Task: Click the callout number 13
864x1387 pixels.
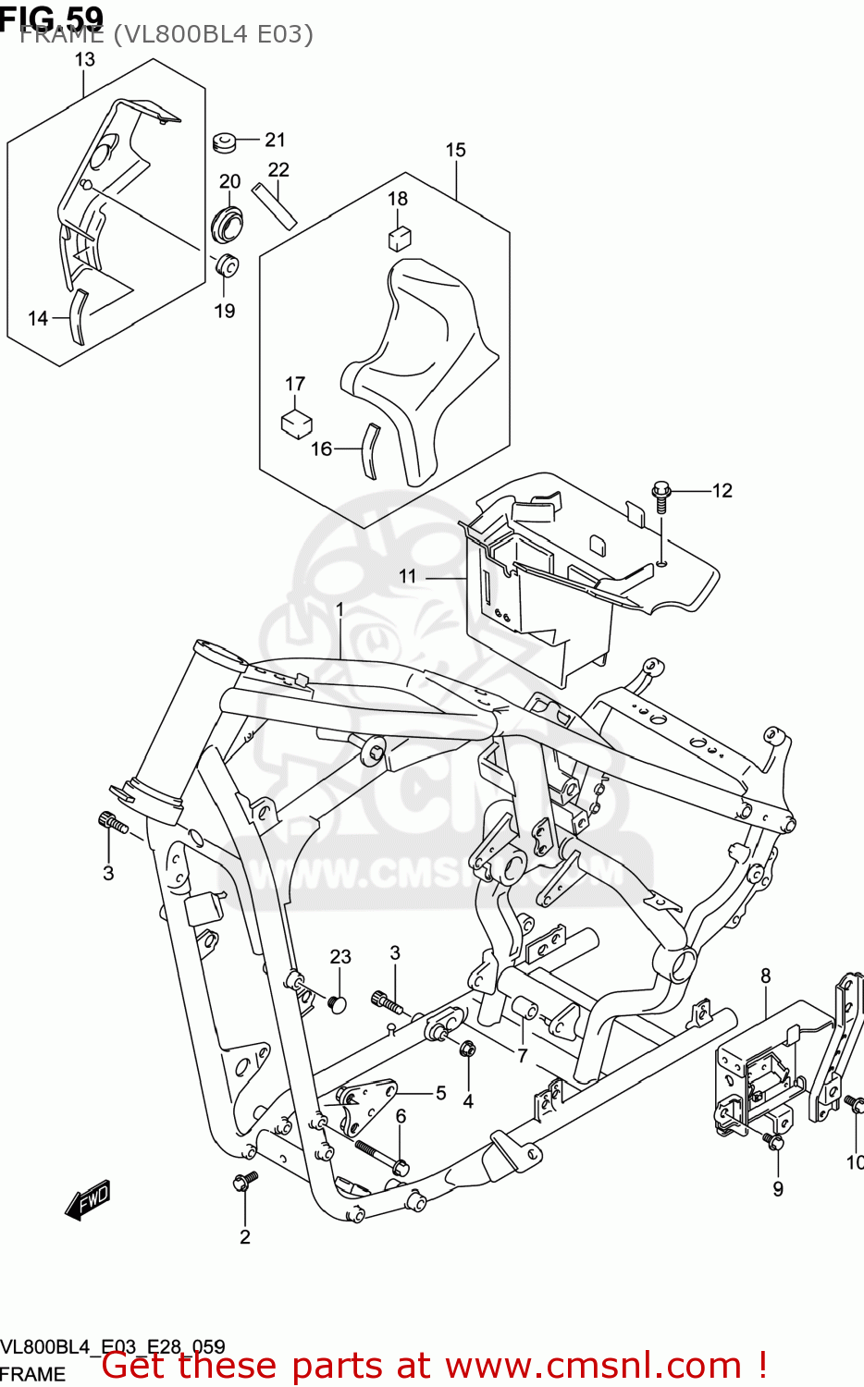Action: tap(84, 60)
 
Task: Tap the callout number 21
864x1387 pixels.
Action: tap(275, 140)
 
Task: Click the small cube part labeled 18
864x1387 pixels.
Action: tap(399, 239)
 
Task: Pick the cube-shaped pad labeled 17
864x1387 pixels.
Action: tap(296, 423)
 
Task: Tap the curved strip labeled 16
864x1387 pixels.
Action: tap(368, 451)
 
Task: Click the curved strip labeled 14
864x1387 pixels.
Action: tap(79, 317)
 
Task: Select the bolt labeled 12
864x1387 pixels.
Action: tap(661, 495)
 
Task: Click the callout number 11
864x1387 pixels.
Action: tap(408, 576)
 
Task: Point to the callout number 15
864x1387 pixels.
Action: tap(455, 150)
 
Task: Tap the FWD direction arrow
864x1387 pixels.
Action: tap(89, 1200)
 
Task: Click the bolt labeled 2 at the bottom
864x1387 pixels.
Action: tap(246, 1180)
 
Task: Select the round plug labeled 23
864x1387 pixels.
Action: tap(337, 1003)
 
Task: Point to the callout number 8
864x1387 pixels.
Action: tap(766, 976)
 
